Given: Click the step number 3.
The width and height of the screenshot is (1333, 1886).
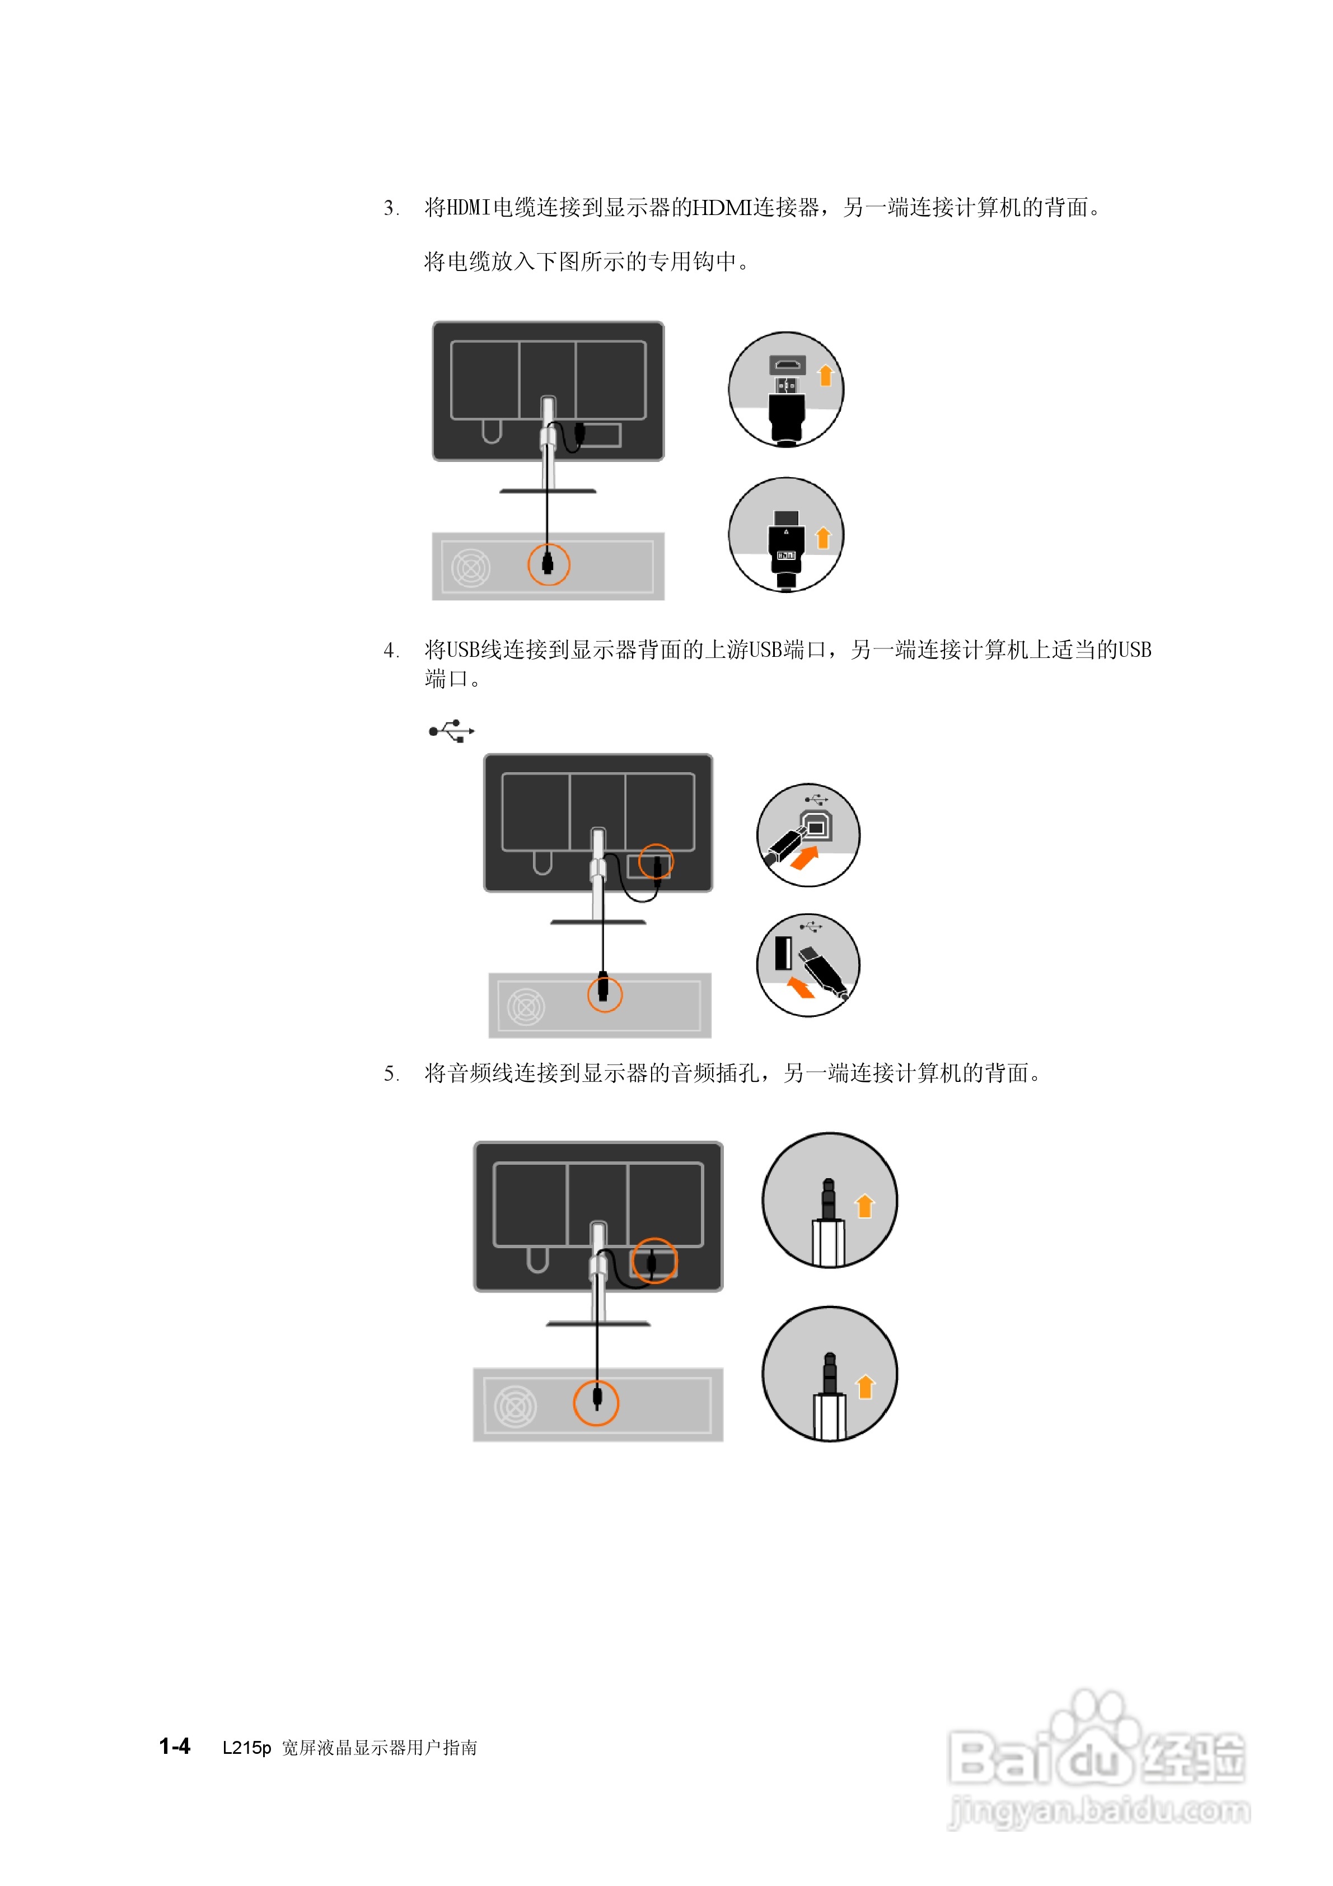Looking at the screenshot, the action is (390, 208).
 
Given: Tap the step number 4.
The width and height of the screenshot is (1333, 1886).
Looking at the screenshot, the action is (390, 651).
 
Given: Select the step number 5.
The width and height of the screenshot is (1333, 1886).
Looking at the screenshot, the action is (390, 1073).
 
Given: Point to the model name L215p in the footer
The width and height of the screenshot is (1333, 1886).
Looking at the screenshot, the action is (246, 1747).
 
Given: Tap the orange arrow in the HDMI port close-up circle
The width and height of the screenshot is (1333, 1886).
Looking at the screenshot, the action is (825, 375).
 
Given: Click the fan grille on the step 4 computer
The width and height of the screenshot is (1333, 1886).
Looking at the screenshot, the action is (526, 1007).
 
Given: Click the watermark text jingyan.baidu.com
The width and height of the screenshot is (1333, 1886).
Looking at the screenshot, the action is (1099, 1810).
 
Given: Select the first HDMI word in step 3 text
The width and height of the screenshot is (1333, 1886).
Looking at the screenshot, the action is (468, 208).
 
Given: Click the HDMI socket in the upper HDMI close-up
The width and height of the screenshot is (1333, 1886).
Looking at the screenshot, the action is (787, 365).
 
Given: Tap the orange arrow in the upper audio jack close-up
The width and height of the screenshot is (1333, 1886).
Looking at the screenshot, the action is (864, 1205).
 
